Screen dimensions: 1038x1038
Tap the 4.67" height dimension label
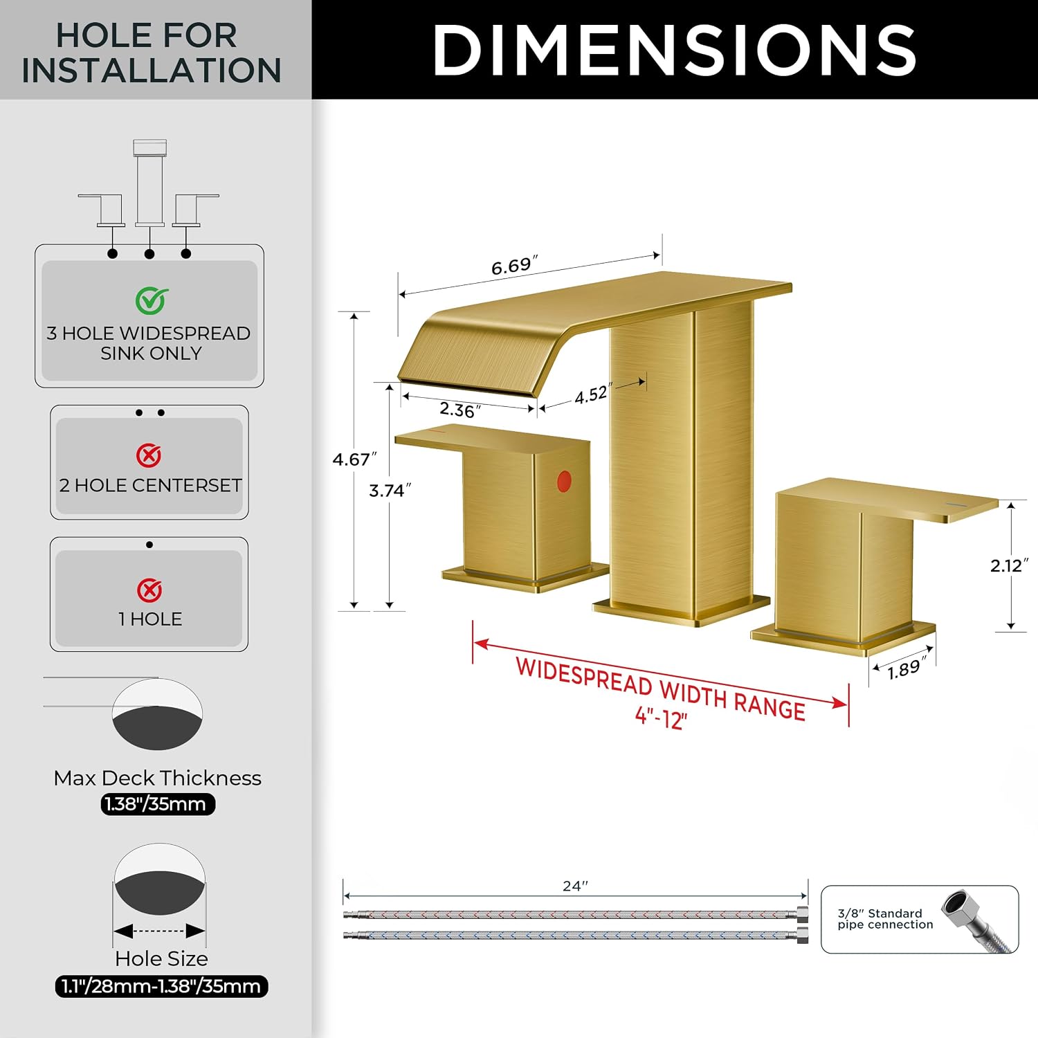point(354,459)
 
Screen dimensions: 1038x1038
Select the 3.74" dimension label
point(390,491)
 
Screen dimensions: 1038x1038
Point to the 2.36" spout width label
point(460,410)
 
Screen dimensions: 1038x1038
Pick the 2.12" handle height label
point(1009,565)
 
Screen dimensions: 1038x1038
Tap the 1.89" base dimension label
point(907,668)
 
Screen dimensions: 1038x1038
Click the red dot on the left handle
point(564,482)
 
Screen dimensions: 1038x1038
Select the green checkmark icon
point(152,300)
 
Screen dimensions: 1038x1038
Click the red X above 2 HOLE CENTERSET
point(149,455)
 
